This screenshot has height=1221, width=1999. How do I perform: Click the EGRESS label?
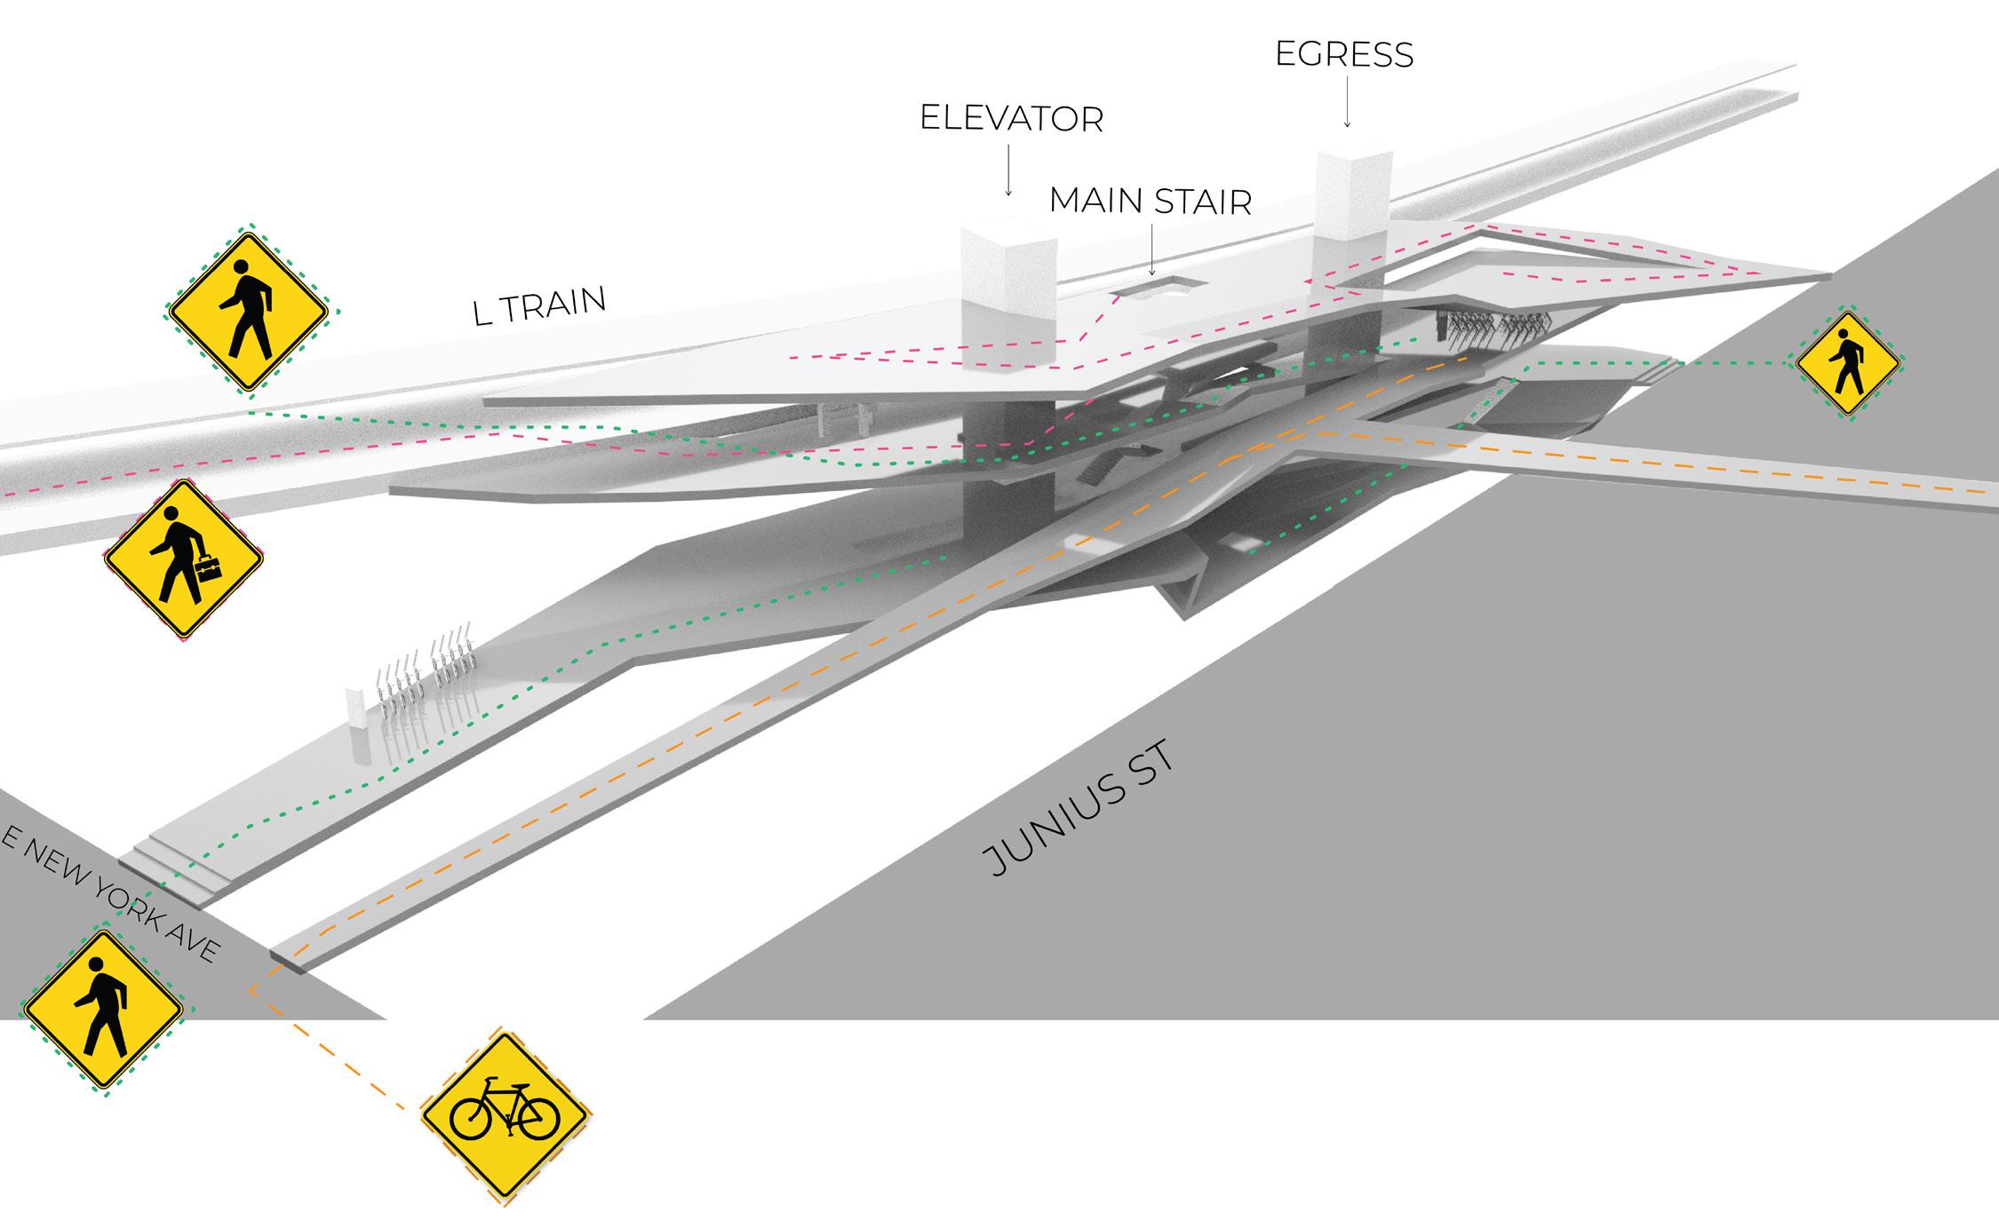pos(1343,55)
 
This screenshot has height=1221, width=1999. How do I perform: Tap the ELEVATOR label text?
pos(1011,119)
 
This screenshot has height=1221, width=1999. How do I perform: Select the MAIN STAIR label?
pos(1151,202)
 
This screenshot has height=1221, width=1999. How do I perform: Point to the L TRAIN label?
pos(540,306)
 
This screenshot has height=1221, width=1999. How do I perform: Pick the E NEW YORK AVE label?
pos(110,897)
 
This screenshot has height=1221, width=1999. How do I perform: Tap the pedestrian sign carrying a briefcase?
pos(184,559)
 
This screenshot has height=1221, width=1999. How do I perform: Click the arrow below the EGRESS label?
pos(1347,102)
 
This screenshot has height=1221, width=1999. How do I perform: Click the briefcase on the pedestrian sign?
pos(209,567)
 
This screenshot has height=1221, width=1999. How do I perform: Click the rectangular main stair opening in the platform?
pos(1152,288)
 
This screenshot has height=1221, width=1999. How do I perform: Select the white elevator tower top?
pos(1007,244)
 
